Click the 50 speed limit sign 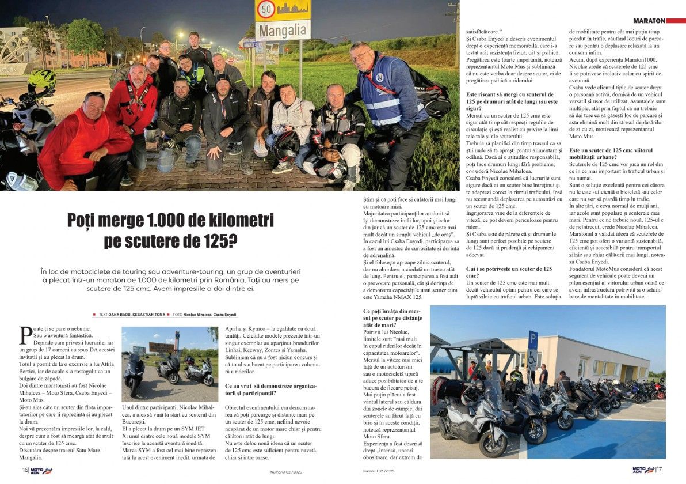click(x=265, y=9)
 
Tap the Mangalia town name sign click(x=283, y=29)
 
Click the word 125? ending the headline click(x=220, y=241)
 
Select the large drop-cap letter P click(x=26, y=334)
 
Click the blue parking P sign click(x=533, y=341)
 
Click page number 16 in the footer click(x=25, y=470)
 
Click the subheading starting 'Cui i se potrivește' click(x=509, y=273)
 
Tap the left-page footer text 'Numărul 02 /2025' click(x=287, y=472)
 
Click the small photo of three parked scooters click(x=170, y=364)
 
